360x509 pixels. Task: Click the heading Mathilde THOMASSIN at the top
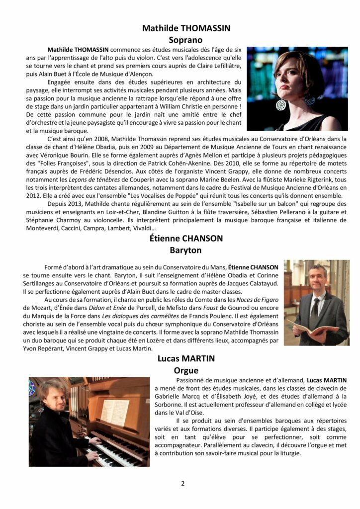186,28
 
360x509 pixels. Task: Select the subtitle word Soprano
186,39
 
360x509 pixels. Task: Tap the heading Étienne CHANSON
185,238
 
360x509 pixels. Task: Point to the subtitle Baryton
185,250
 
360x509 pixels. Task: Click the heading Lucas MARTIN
185,358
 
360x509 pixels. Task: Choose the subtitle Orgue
186,370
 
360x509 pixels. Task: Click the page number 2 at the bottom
182,483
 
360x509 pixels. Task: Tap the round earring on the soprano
281,105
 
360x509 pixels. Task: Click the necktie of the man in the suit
315,307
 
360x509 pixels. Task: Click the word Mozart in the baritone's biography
40,308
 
